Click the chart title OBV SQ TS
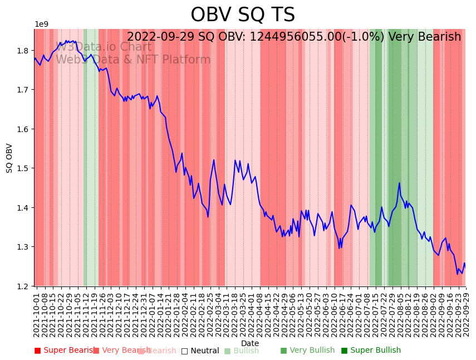pyautogui.click(x=243, y=15)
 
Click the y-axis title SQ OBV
pyautogui.click(x=9, y=158)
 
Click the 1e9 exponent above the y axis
pyautogui.click(x=42, y=25)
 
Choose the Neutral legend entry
pyautogui.click(x=200, y=351)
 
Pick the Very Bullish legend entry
pyautogui.click(x=307, y=351)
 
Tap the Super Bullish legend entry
pyautogui.click(x=371, y=351)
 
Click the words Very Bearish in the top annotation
pyautogui.click(x=425, y=37)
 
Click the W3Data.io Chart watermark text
pyautogui.click(x=104, y=47)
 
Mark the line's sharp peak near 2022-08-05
pyautogui.click(x=399, y=183)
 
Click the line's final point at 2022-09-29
pyautogui.click(x=465, y=264)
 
